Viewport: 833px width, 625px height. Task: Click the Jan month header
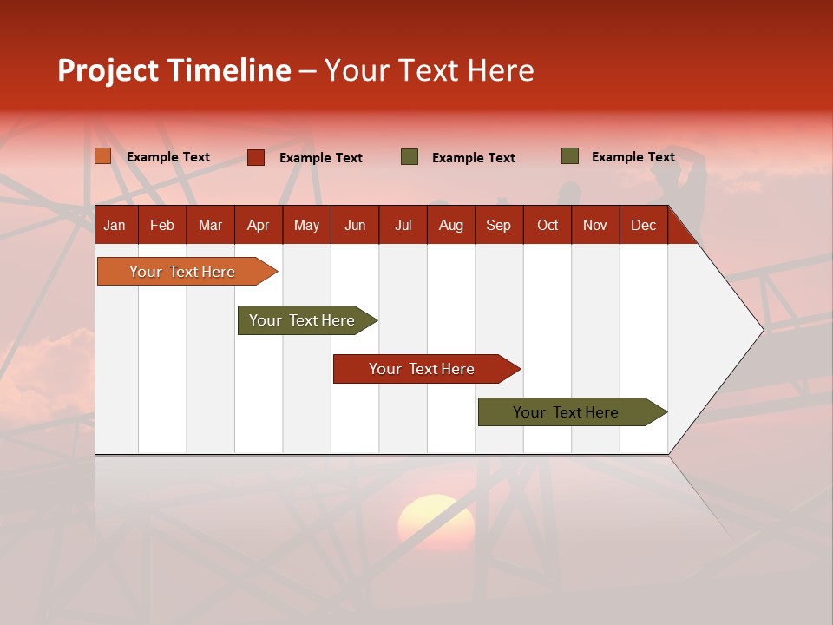115,225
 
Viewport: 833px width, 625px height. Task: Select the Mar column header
210,225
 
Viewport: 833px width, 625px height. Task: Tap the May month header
306,225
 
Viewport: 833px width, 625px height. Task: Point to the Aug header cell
450,225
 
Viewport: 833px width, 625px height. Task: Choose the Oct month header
547,225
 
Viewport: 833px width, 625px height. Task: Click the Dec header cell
643,225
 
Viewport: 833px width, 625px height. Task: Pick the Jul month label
403,225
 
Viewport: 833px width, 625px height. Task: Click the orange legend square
102,156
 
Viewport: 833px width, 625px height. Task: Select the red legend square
256,157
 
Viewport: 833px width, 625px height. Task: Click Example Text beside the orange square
168,157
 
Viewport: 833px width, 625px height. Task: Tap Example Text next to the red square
321,158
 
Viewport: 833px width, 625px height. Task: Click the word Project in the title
108,70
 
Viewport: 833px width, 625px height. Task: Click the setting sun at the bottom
436,521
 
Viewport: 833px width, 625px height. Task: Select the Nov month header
594,225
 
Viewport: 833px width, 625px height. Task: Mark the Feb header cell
162,225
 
